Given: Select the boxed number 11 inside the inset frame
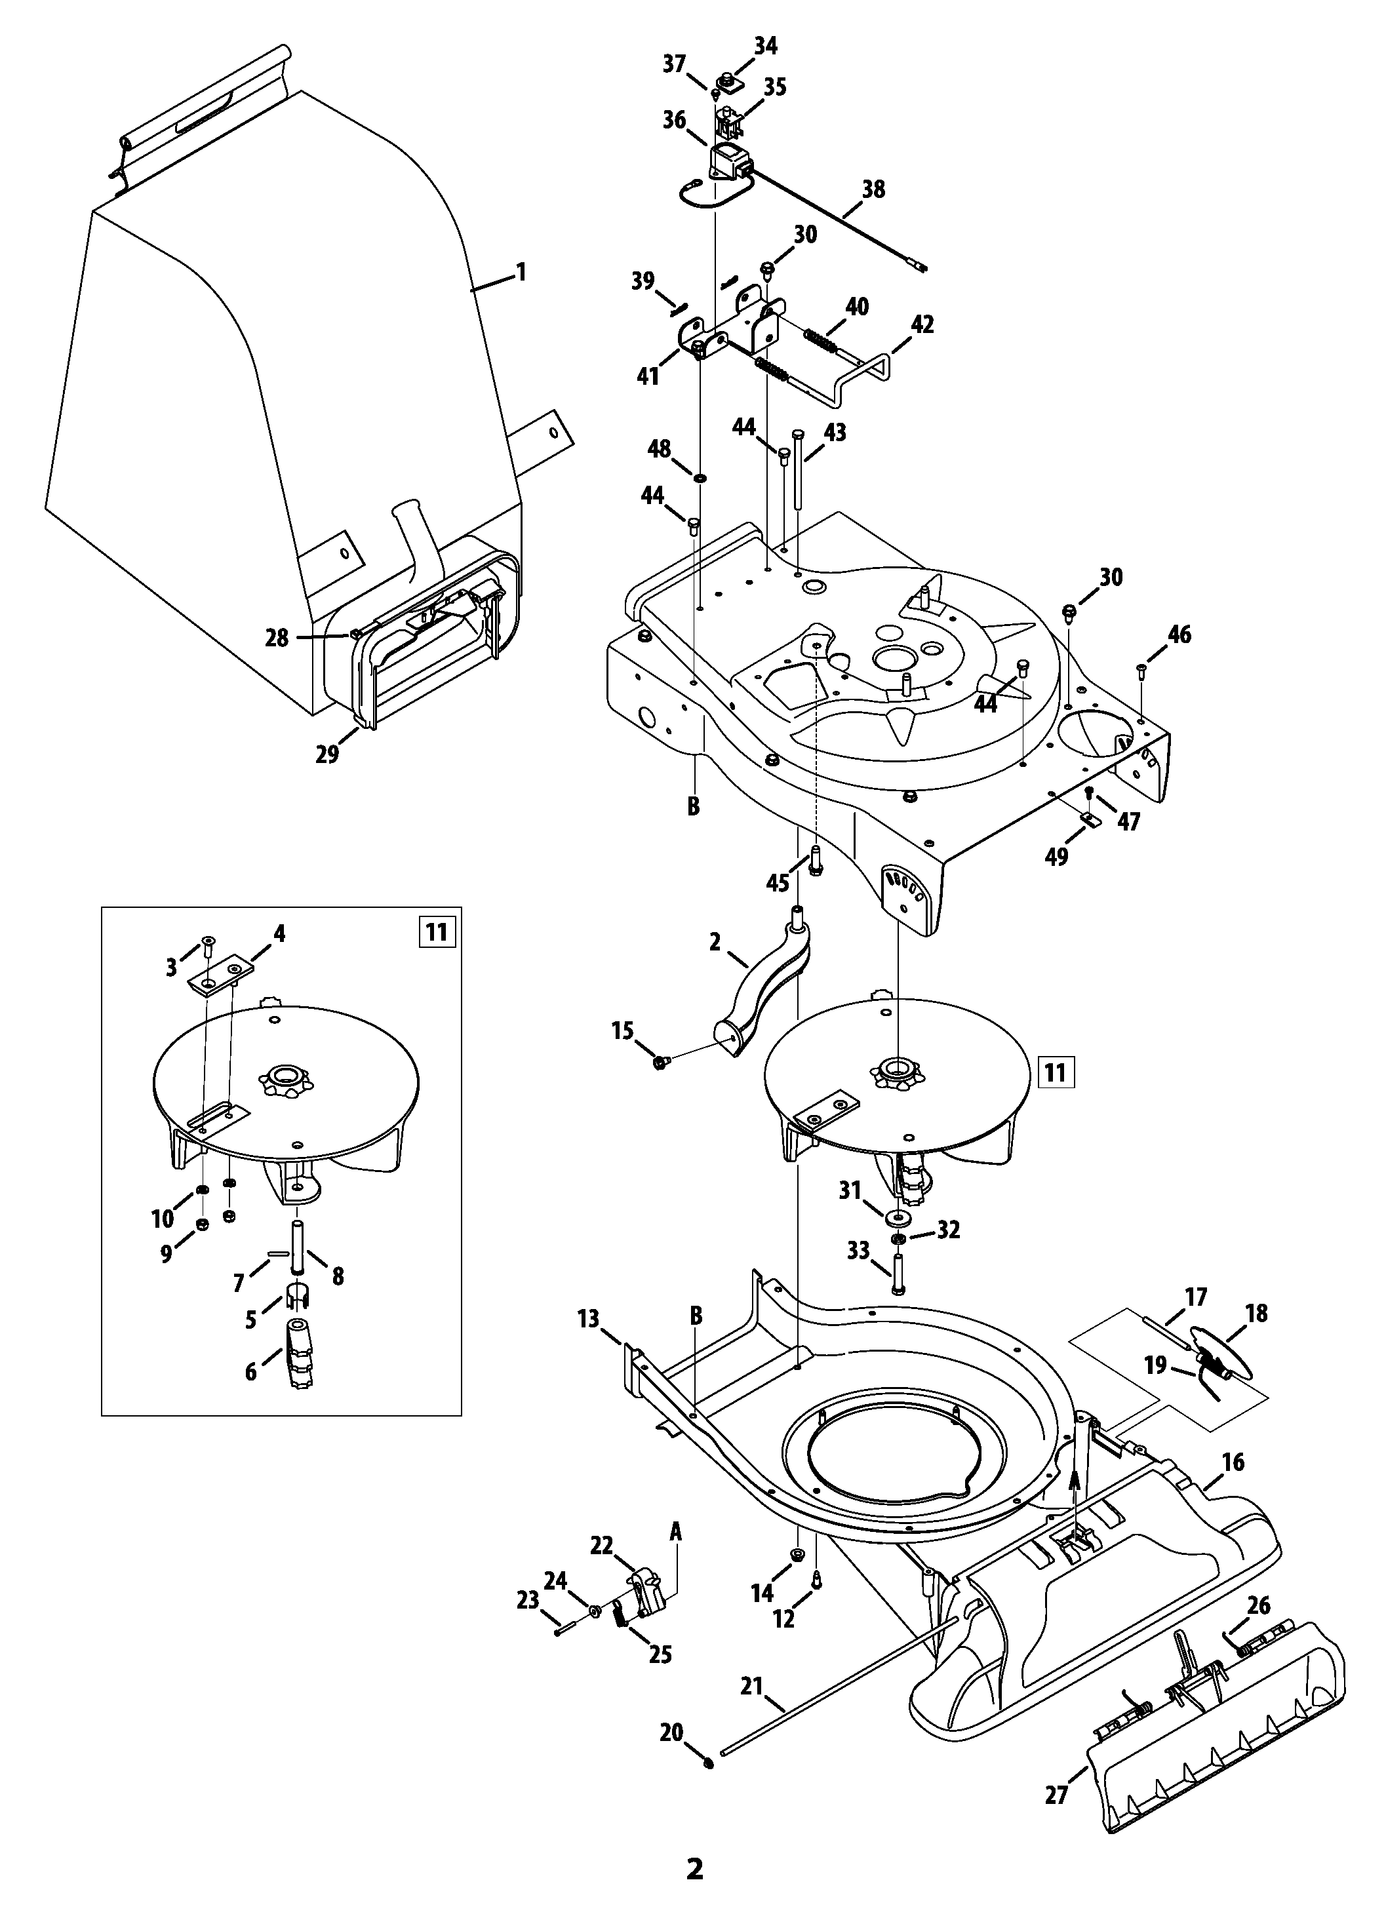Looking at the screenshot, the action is tap(435, 932).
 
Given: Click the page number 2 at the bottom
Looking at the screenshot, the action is tap(694, 1886).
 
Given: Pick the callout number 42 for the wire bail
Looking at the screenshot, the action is tap(922, 324).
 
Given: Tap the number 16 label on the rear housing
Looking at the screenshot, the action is tap(1233, 1461).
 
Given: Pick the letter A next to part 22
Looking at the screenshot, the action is tap(676, 1530).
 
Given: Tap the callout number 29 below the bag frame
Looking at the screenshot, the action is tap(327, 754).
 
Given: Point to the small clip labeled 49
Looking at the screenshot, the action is tap(1090, 819).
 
